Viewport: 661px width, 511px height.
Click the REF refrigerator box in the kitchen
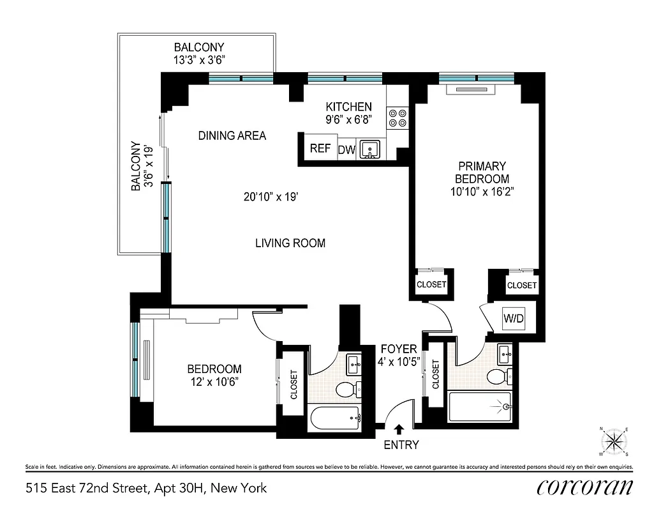tap(320, 149)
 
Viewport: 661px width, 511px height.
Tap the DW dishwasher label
tap(346, 150)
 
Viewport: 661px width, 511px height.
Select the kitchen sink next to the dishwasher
tap(369, 149)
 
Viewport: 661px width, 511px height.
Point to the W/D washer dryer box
tap(514, 318)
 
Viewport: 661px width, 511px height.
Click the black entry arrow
tap(400, 430)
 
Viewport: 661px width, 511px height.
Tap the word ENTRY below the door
tap(401, 445)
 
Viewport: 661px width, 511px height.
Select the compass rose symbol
tap(614, 441)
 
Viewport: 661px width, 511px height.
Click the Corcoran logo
tap(585, 487)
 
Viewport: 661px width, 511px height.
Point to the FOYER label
tap(399, 349)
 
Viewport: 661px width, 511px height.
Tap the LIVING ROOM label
tap(290, 243)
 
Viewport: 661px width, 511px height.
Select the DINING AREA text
tap(232, 135)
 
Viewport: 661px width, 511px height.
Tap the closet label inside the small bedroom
tap(294, 385)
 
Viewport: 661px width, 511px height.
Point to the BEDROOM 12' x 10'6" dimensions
tap(214, 381)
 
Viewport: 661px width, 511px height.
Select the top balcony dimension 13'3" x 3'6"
tap(199, 60)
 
